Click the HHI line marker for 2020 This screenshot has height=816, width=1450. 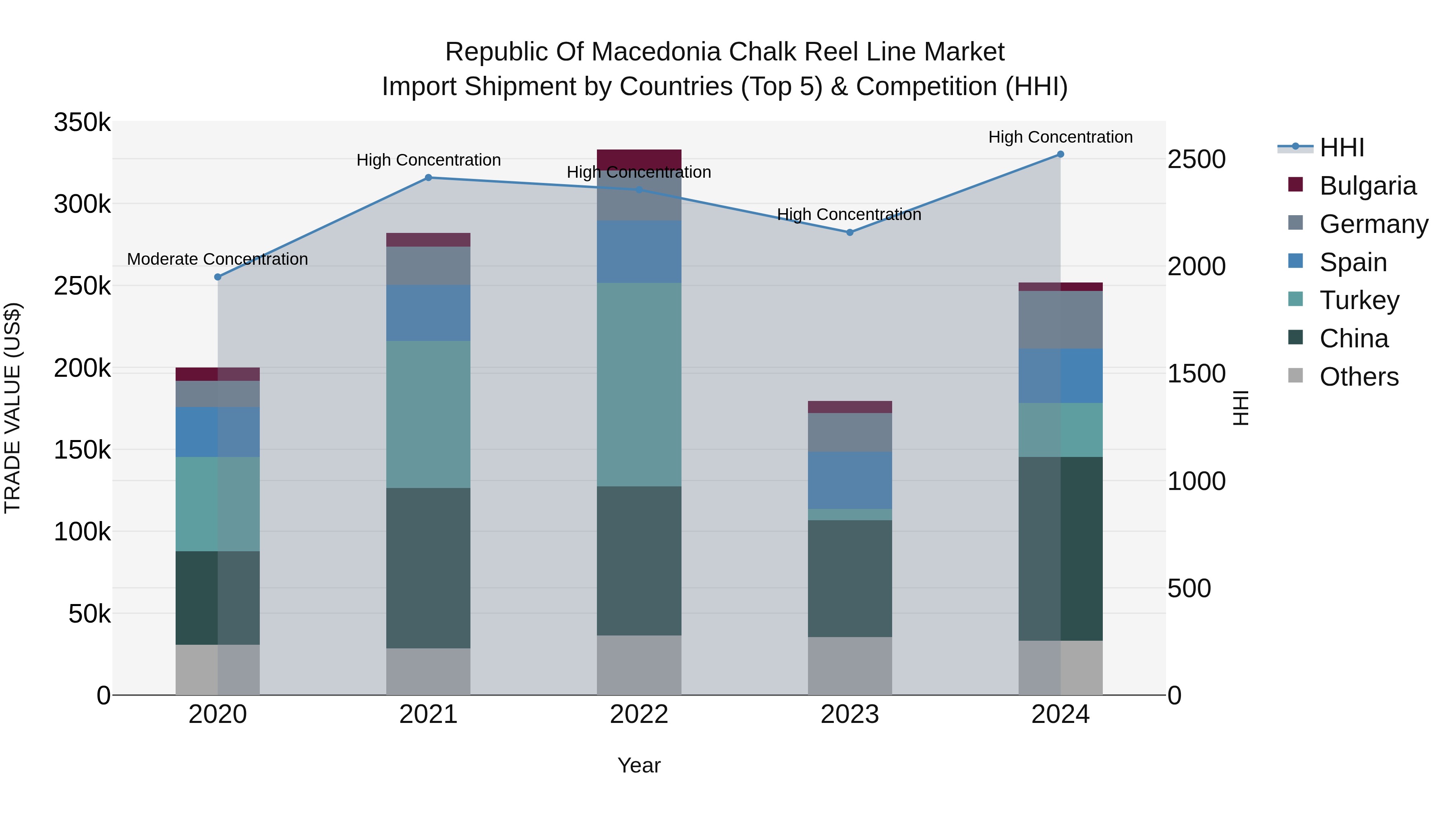(218, 277)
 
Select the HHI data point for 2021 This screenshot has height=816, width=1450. (429, 177)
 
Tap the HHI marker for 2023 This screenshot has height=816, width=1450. (850, 232)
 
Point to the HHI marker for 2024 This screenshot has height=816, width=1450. (1061, 154)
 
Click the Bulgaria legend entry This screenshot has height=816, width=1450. (1367, 186)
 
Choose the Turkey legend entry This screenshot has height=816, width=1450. (1359, 300)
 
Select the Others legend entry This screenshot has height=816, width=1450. (1359, 377)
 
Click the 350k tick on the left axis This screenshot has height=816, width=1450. (82, 122)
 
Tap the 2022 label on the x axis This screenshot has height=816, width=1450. (639, 714)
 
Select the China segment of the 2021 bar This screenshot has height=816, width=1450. (429, 568)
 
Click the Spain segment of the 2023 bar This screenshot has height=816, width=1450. (850, 480)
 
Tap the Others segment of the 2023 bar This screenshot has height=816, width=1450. (850, 666)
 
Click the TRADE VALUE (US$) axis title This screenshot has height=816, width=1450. (12, 408)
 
